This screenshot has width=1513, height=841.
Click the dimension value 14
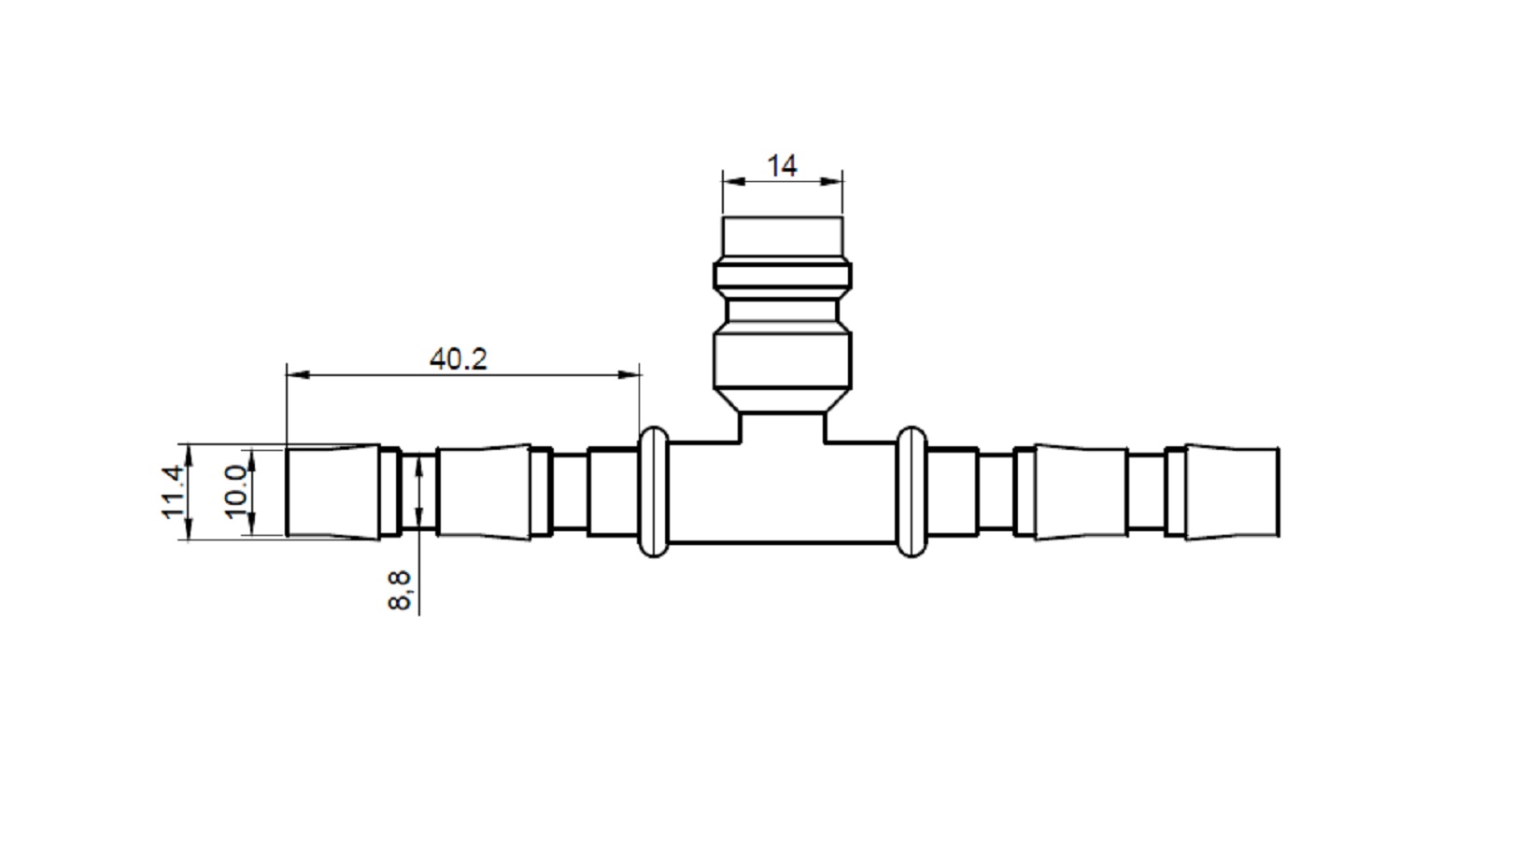coord(782,166)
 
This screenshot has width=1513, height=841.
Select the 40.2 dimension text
coord(458,359)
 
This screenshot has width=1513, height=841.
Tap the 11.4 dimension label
coord(173,492)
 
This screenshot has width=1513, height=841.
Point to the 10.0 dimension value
coord(235,492)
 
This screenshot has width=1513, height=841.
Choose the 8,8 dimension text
coord(399,590)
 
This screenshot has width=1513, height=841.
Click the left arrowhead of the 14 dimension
coord(733,181)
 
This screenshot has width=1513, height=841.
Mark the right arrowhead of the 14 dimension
coord(831,181)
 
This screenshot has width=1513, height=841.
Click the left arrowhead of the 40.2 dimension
coord(298,374)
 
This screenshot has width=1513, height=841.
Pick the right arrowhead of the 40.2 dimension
coord(629,374)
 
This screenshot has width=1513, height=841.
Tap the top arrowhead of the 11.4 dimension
coord(189,455)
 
